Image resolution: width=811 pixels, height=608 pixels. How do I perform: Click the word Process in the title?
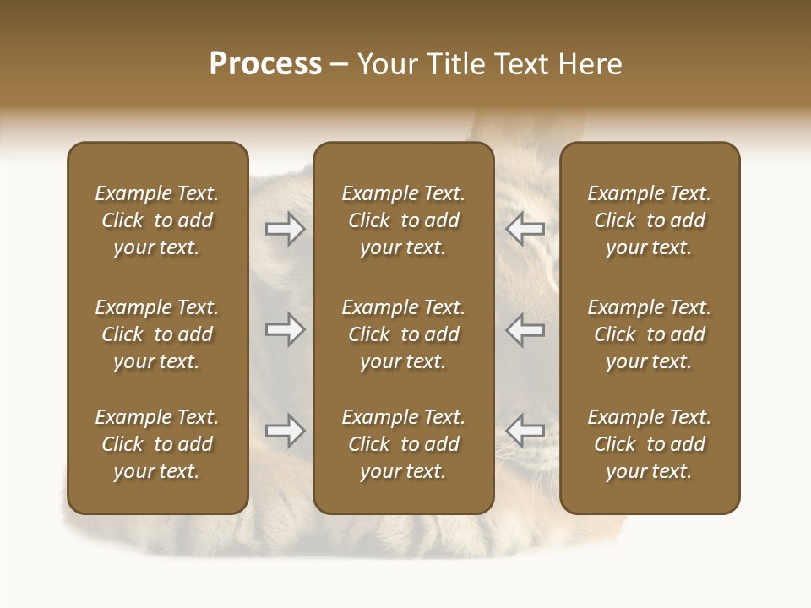(x=265, y=64)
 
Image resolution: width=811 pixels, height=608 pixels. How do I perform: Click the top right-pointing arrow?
(x=285, y=229)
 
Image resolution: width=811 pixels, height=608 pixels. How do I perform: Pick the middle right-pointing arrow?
(x=285, y=329)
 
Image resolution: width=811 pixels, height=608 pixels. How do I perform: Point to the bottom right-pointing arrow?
(x=285, y=431)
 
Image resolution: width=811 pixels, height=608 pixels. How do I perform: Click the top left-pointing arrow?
(x=525, y=229)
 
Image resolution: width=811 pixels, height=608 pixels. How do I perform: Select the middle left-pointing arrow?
(x=525, y=329)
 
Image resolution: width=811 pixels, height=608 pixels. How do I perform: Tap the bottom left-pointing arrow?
(x=525, y=431)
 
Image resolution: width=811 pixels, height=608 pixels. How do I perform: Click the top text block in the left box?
(x=157, y=220)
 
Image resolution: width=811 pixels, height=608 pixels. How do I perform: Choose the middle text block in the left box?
(x=157, y=334)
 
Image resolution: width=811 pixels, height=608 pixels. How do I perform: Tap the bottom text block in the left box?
(x=157, y=444)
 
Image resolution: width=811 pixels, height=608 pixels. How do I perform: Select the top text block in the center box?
(x=403, y=220)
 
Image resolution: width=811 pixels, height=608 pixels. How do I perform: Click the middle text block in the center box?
(x=403, y=334)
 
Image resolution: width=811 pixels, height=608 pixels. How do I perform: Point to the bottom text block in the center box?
(x=403, y=444)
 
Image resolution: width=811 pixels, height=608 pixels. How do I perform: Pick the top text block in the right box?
(x=650, y=220)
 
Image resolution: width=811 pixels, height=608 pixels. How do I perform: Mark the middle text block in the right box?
(x=650, y=334)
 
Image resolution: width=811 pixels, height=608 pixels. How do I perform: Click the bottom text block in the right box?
(x=650, y=444)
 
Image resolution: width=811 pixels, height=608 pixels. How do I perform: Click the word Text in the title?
(x=519, y=64)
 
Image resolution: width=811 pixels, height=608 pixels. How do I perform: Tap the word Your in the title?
(x=384, y=64)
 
